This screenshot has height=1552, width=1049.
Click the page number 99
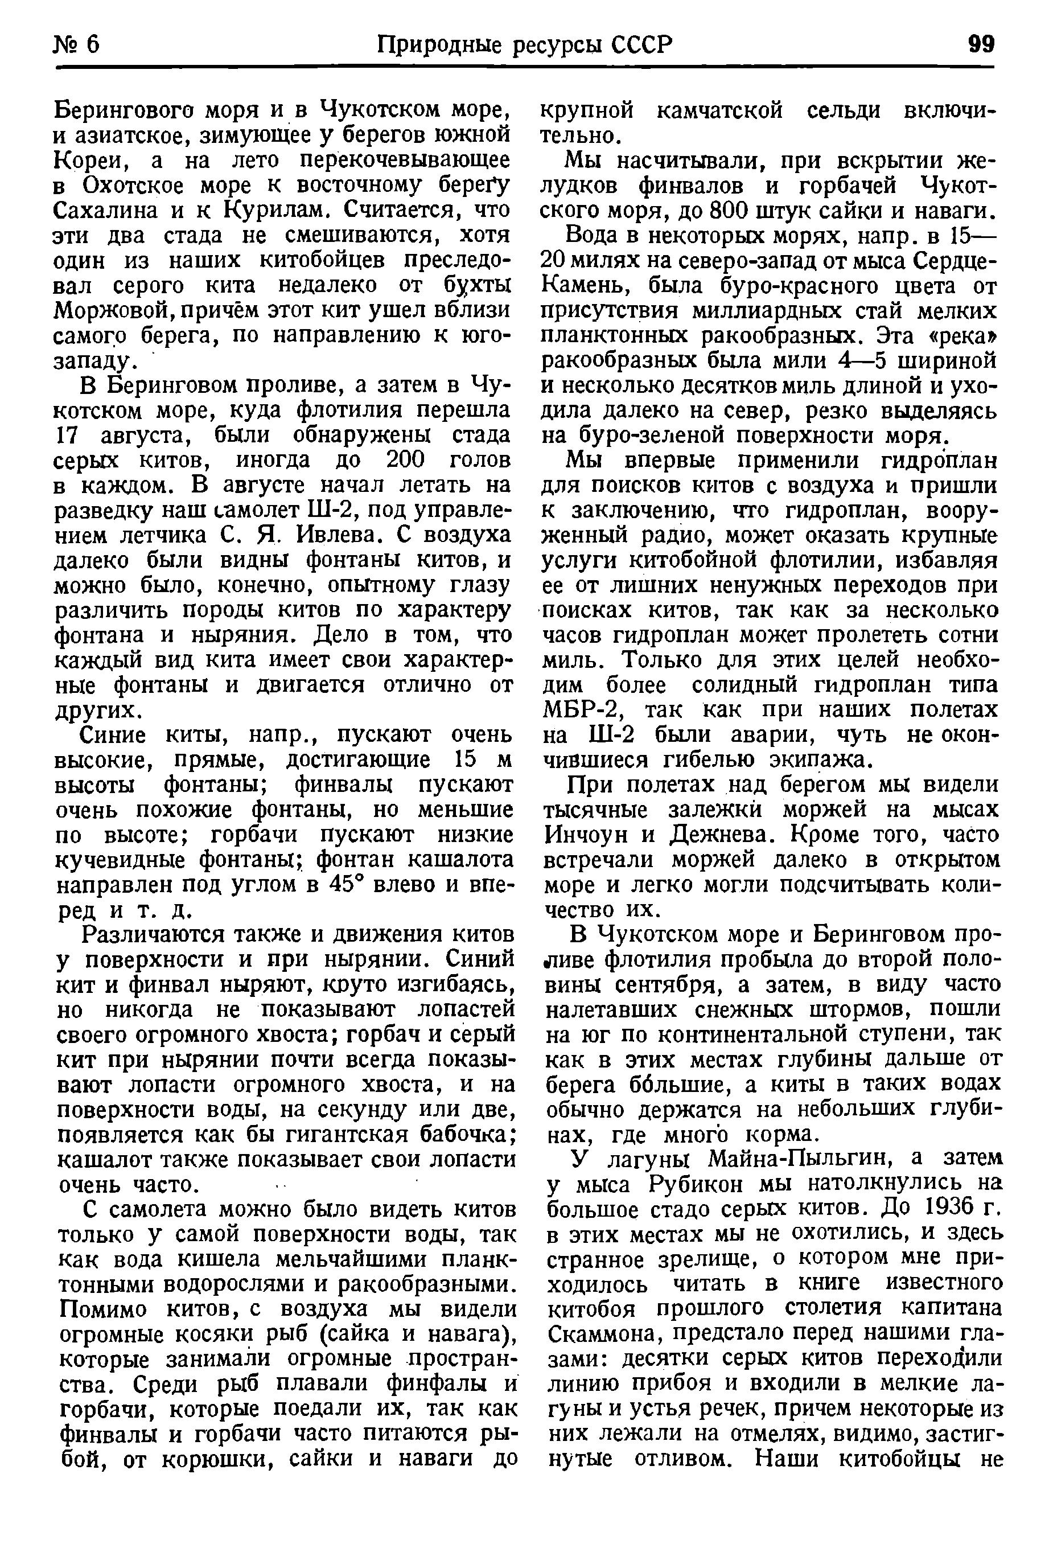tap(981, 45)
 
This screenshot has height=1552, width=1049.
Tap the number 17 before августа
tap(67, 435)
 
